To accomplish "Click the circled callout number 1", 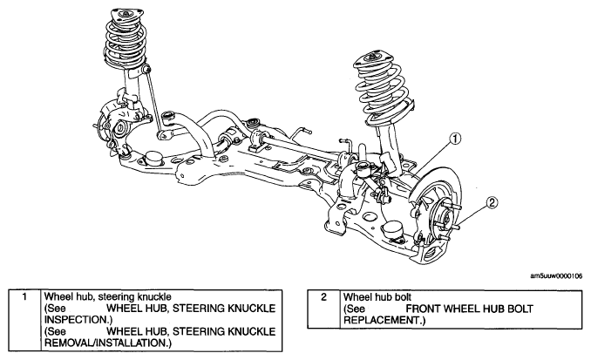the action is (x=455, y=139).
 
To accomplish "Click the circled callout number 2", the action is (x=492, y=203).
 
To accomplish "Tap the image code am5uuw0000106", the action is (x=556, y=276).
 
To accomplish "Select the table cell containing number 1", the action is (x=24, y=321).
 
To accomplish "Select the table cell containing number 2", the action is (x=323, y=309).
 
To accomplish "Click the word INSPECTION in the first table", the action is (x=76, y=320).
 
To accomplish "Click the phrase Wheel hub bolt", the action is (x=377, y=297).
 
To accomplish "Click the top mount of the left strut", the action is (x=124, y=14).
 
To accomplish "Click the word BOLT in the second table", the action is (x=520, y=309).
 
